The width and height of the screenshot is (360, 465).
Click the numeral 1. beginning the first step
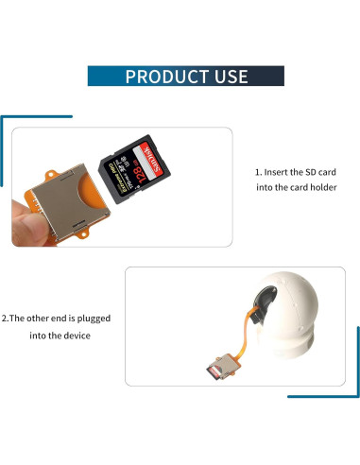tap(259, 173)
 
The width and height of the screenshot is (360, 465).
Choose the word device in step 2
tap(76, 336)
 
